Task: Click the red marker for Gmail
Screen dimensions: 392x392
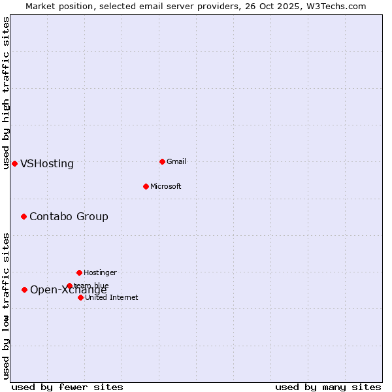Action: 162,161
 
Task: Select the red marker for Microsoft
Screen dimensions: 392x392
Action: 146,186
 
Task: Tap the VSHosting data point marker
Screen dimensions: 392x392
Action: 14,163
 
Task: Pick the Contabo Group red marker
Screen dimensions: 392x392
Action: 24,216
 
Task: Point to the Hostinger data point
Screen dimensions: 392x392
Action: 79,272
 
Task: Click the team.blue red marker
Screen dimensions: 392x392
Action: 69,286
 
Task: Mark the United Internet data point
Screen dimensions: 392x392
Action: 80,297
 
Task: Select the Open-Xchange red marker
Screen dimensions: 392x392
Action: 24,289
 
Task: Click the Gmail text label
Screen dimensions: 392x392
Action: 176,161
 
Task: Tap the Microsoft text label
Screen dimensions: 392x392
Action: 166,186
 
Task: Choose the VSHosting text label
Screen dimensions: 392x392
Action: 47,164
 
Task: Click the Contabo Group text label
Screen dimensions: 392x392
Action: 69,217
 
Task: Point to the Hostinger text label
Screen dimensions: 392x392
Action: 100,272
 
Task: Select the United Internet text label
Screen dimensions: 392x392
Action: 112,297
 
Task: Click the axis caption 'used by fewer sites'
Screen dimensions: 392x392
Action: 67,387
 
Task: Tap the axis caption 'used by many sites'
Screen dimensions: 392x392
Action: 328,387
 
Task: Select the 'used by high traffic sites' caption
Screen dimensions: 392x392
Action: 7,93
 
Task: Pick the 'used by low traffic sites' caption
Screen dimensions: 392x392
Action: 7,306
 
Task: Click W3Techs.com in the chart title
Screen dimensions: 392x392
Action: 338,6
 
